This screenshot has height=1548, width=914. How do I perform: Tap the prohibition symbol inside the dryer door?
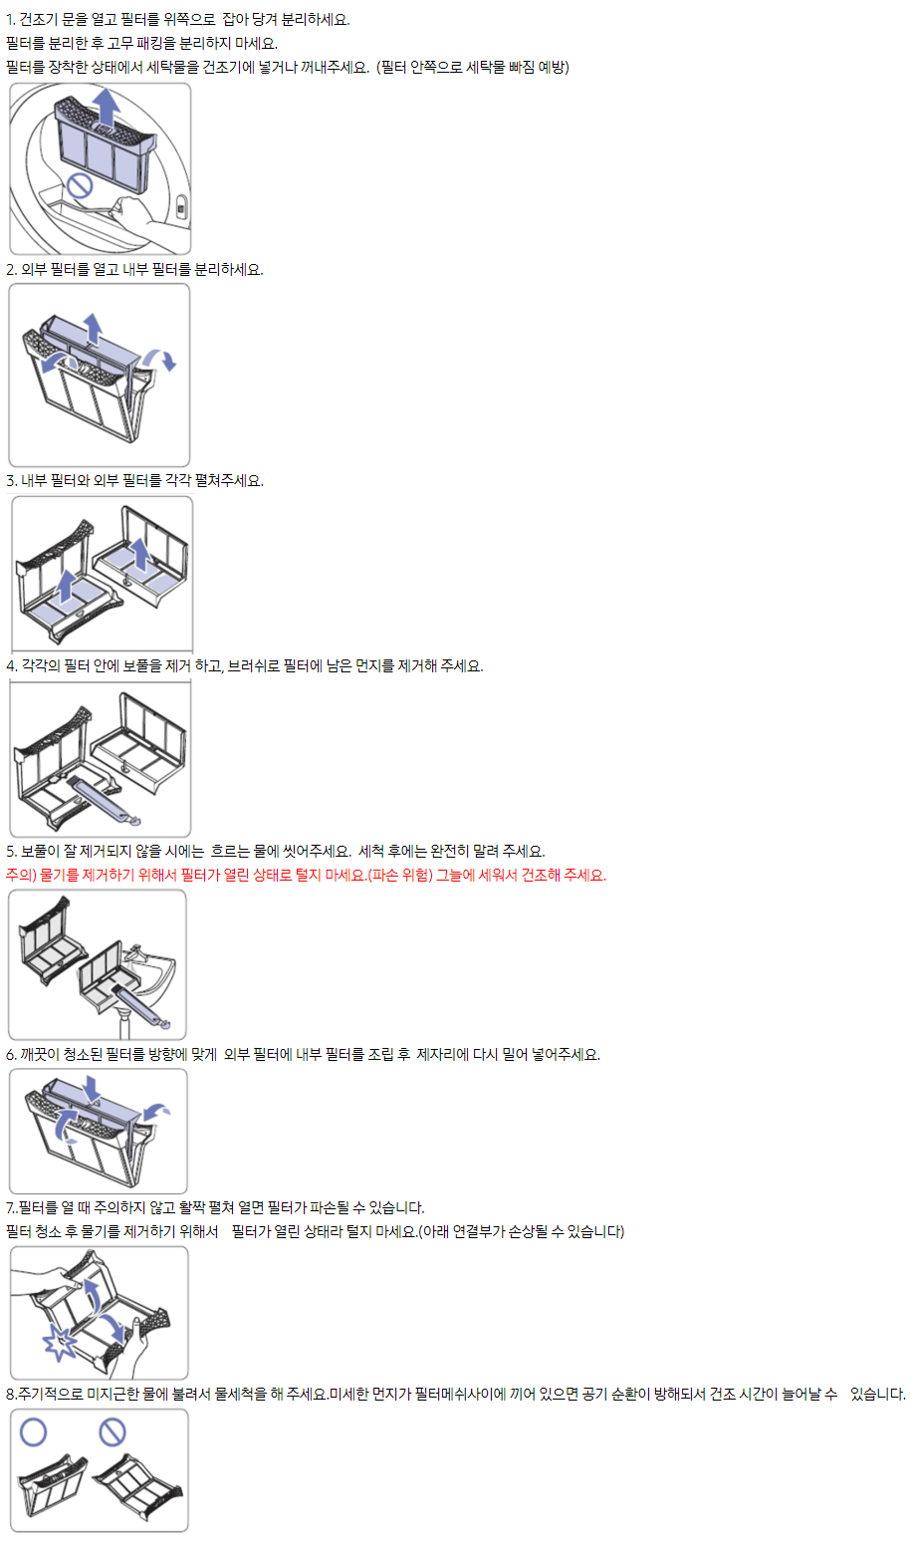coord(79,185)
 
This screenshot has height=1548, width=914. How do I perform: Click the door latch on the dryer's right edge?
coord(181,208)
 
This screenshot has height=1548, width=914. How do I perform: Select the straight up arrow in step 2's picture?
coord(92,326)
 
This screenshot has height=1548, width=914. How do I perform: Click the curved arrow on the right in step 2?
coord(160,358)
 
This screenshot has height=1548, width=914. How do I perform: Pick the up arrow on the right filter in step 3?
coord(140,554)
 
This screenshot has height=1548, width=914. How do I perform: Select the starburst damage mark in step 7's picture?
coord(61,1343)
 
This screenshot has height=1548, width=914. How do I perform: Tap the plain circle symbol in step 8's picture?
coord(34,1432)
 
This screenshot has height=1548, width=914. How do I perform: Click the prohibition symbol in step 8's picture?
coord(112,1432)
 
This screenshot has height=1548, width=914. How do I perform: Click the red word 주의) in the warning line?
coord(21,875)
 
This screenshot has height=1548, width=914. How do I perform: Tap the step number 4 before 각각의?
coord(11,665)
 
